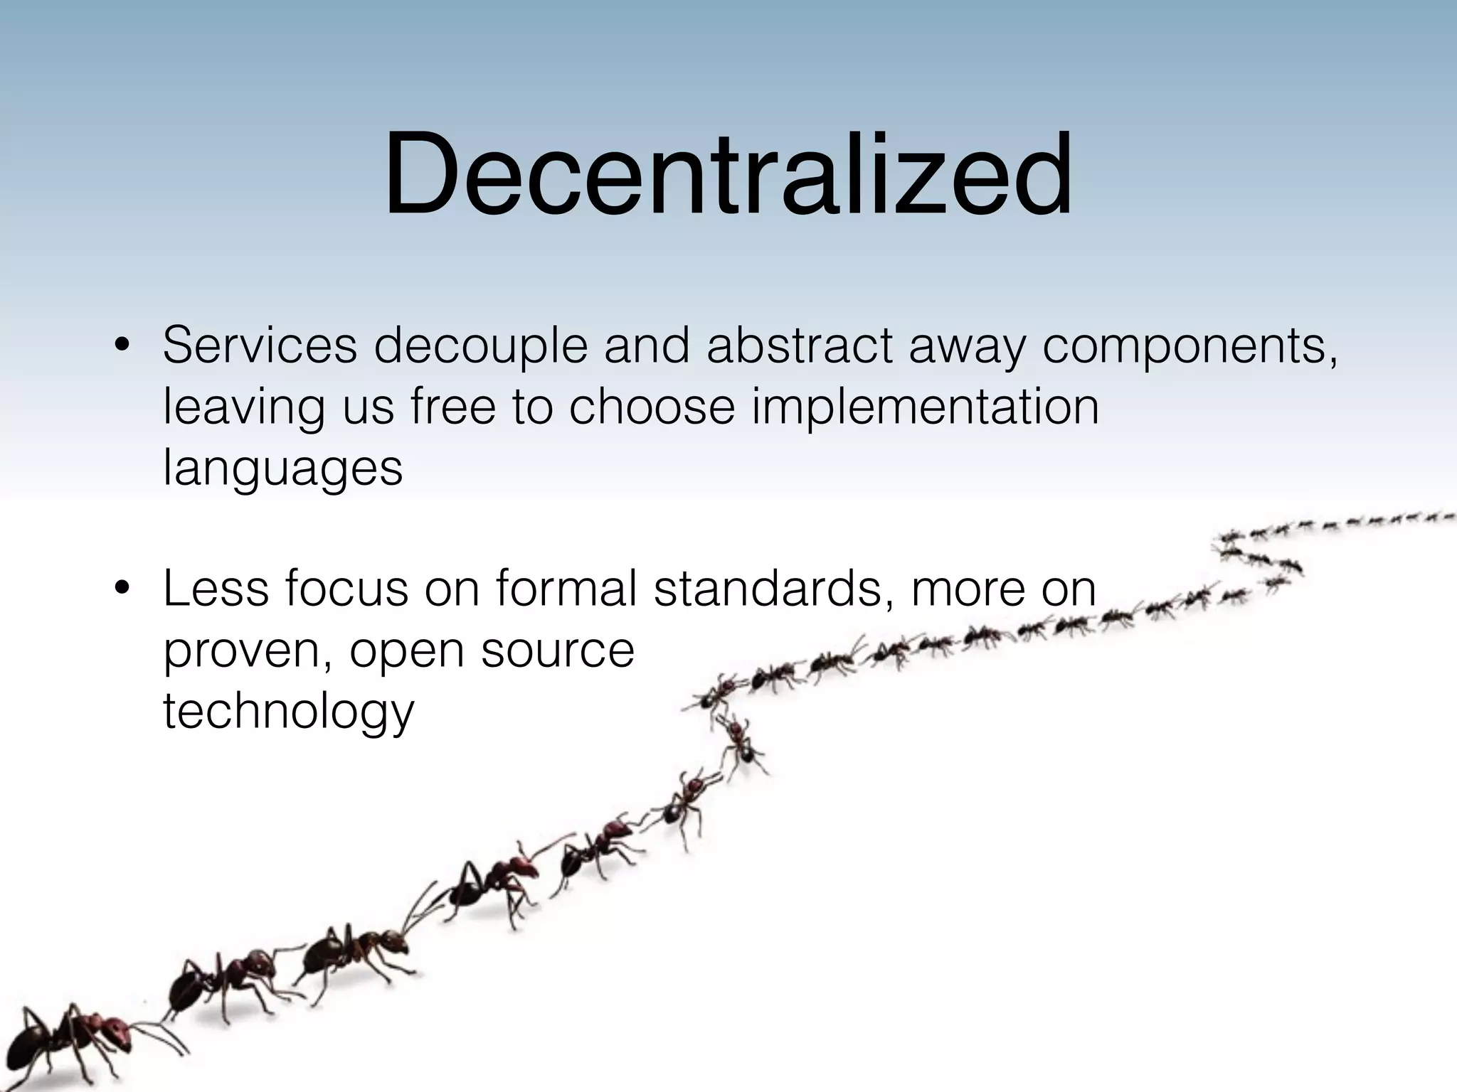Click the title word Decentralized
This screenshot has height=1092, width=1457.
point(727,176)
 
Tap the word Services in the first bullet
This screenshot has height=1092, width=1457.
point(260,346)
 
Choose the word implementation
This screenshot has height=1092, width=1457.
point(925,408)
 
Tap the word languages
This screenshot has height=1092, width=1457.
point(282,469)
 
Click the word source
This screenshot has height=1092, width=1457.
point(557,651)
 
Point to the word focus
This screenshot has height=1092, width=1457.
point(347,589)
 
